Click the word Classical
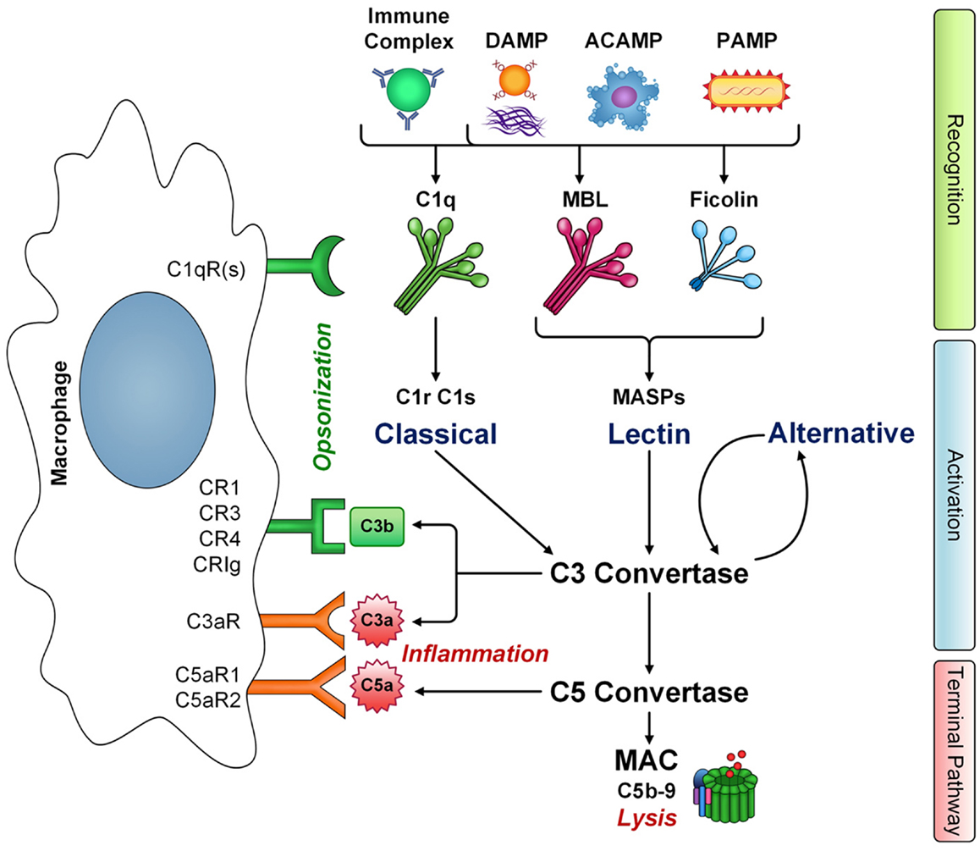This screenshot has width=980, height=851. [436, 434]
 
